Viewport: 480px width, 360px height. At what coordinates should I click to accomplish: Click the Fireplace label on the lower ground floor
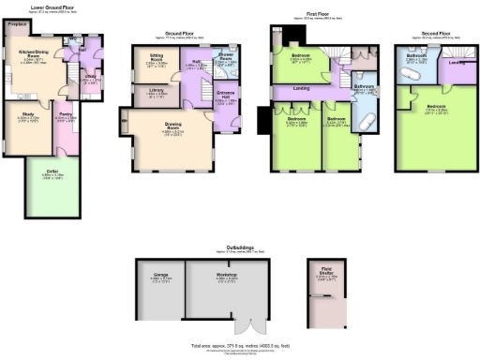click(15, 24)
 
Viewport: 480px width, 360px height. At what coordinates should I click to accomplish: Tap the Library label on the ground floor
click(157, 90)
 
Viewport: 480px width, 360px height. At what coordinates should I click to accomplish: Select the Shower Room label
click(225, 55)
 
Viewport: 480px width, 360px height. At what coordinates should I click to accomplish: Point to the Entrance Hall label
click(226, 95)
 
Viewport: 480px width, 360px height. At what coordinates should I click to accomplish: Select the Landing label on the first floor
click(301, 89)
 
